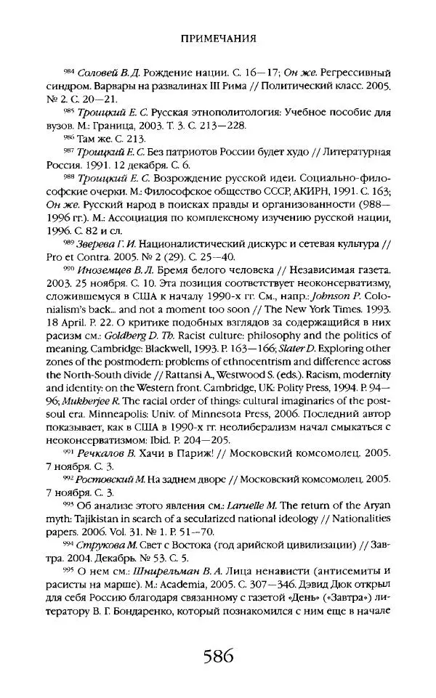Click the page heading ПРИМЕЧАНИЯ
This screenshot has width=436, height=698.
point(218,35)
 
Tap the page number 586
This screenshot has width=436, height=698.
point(218,657)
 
